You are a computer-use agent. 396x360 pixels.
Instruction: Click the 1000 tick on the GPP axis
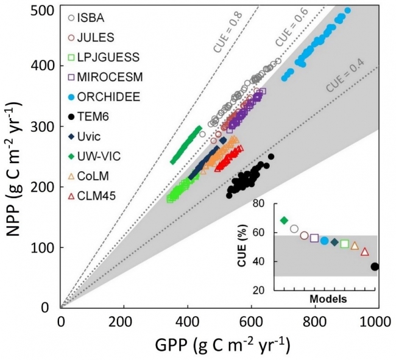(378, 322)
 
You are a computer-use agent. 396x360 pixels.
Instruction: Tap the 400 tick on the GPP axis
(188, 322)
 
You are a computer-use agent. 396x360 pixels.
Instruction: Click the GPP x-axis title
(220, 345)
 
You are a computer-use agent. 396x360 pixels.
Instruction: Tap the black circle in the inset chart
(375, 266)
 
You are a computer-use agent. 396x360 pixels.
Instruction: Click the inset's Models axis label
(328, 299)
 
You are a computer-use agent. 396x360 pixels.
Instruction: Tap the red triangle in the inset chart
(365, 252)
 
